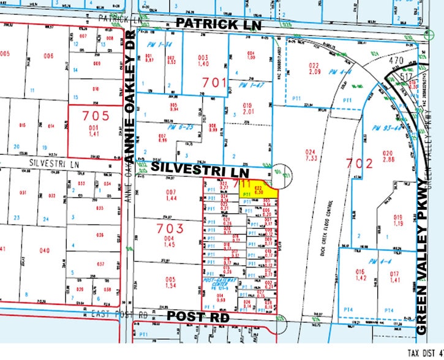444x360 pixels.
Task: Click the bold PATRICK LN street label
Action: pos(218,24)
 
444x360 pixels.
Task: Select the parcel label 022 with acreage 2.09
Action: pos(315,69)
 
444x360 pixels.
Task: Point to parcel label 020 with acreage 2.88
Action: pos(388,156)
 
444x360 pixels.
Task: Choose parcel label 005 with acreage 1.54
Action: pos(171,283)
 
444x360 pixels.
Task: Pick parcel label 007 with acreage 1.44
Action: pos(171,195)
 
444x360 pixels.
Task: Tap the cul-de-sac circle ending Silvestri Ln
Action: pos(280,174)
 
